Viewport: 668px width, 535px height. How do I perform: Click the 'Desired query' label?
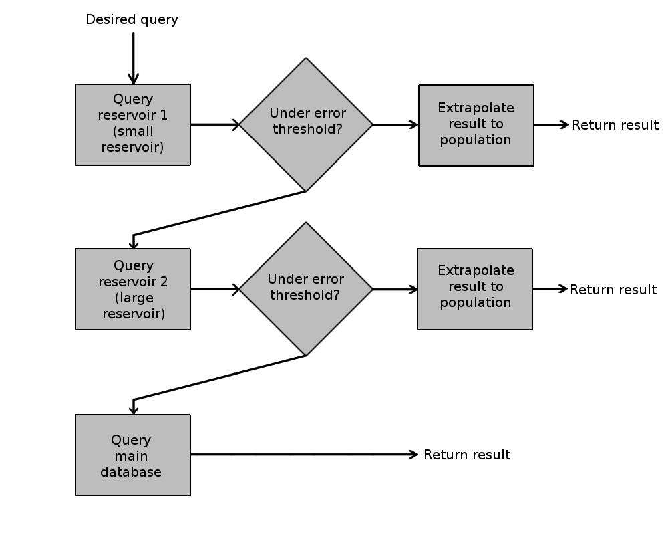tap(132, 19)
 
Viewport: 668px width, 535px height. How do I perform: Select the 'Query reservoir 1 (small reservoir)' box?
tap(133, 124)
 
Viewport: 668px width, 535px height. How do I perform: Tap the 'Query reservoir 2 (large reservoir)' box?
tap(133, 290)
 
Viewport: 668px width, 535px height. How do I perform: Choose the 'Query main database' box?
tap(133, 455)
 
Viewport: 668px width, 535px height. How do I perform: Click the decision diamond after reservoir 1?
tap(306, 124)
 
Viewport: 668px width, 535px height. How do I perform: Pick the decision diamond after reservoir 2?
tap(306, 290)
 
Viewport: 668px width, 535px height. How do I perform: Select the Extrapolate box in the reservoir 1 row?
tap(476, 125)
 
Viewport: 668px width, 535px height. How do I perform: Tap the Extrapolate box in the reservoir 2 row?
tap(475, 290)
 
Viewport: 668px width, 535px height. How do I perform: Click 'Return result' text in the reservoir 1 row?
tap(615, 125)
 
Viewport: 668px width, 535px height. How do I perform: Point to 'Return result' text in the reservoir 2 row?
tap(613, 290)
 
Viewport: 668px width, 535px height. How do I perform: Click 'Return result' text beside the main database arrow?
tap(467, 455)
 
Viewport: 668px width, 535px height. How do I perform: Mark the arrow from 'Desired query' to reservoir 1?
tap(134, 58)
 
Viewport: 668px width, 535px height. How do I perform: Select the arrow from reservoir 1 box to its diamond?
tap(215, 124)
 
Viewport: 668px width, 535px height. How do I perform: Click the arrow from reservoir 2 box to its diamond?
tap(215, 290)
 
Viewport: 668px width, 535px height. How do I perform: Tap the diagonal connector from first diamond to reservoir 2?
tap(219, 213)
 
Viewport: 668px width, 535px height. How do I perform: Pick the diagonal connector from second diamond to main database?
tap(219, 378)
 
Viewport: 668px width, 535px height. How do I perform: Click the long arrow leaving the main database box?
tap(304, 454)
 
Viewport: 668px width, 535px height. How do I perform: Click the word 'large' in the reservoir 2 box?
tap(134, 298)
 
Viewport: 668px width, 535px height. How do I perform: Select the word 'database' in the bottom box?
tap(131, 472)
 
